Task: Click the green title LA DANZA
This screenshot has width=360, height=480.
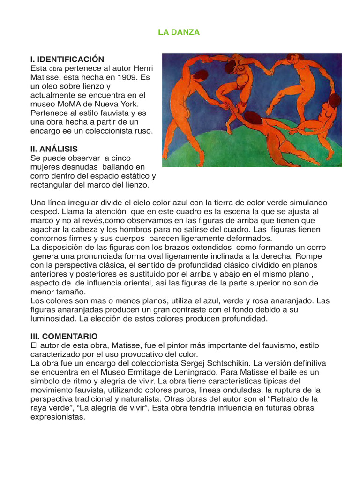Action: coord(179,32)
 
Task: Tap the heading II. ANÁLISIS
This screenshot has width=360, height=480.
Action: coord(54,149)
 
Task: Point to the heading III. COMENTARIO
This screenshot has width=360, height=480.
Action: coord(64,336)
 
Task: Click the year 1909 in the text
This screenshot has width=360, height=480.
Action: coord(115,77)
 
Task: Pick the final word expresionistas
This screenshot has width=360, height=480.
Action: coord(57,416)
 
